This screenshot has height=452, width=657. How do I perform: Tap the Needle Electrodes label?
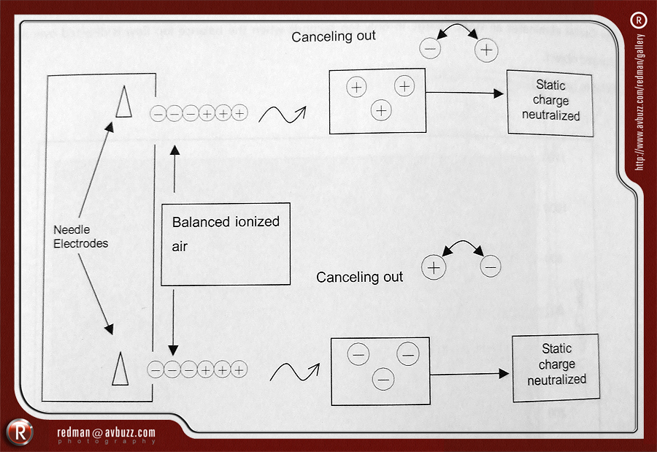pos(80,237)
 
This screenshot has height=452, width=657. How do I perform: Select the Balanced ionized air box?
pos(226,243)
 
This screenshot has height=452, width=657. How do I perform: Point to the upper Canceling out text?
pos(334,36)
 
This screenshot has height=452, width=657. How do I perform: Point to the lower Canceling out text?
pos(359,277)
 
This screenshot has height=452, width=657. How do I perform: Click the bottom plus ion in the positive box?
pos(380,111)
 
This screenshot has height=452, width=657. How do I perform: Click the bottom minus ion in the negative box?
pos(383,379)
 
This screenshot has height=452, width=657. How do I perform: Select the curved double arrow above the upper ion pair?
pos(458,32)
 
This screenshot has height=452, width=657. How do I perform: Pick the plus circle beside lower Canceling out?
pos(434,267)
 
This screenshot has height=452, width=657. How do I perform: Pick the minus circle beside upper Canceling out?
pos(430,50)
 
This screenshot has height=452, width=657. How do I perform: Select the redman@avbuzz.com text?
pos(106,433)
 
